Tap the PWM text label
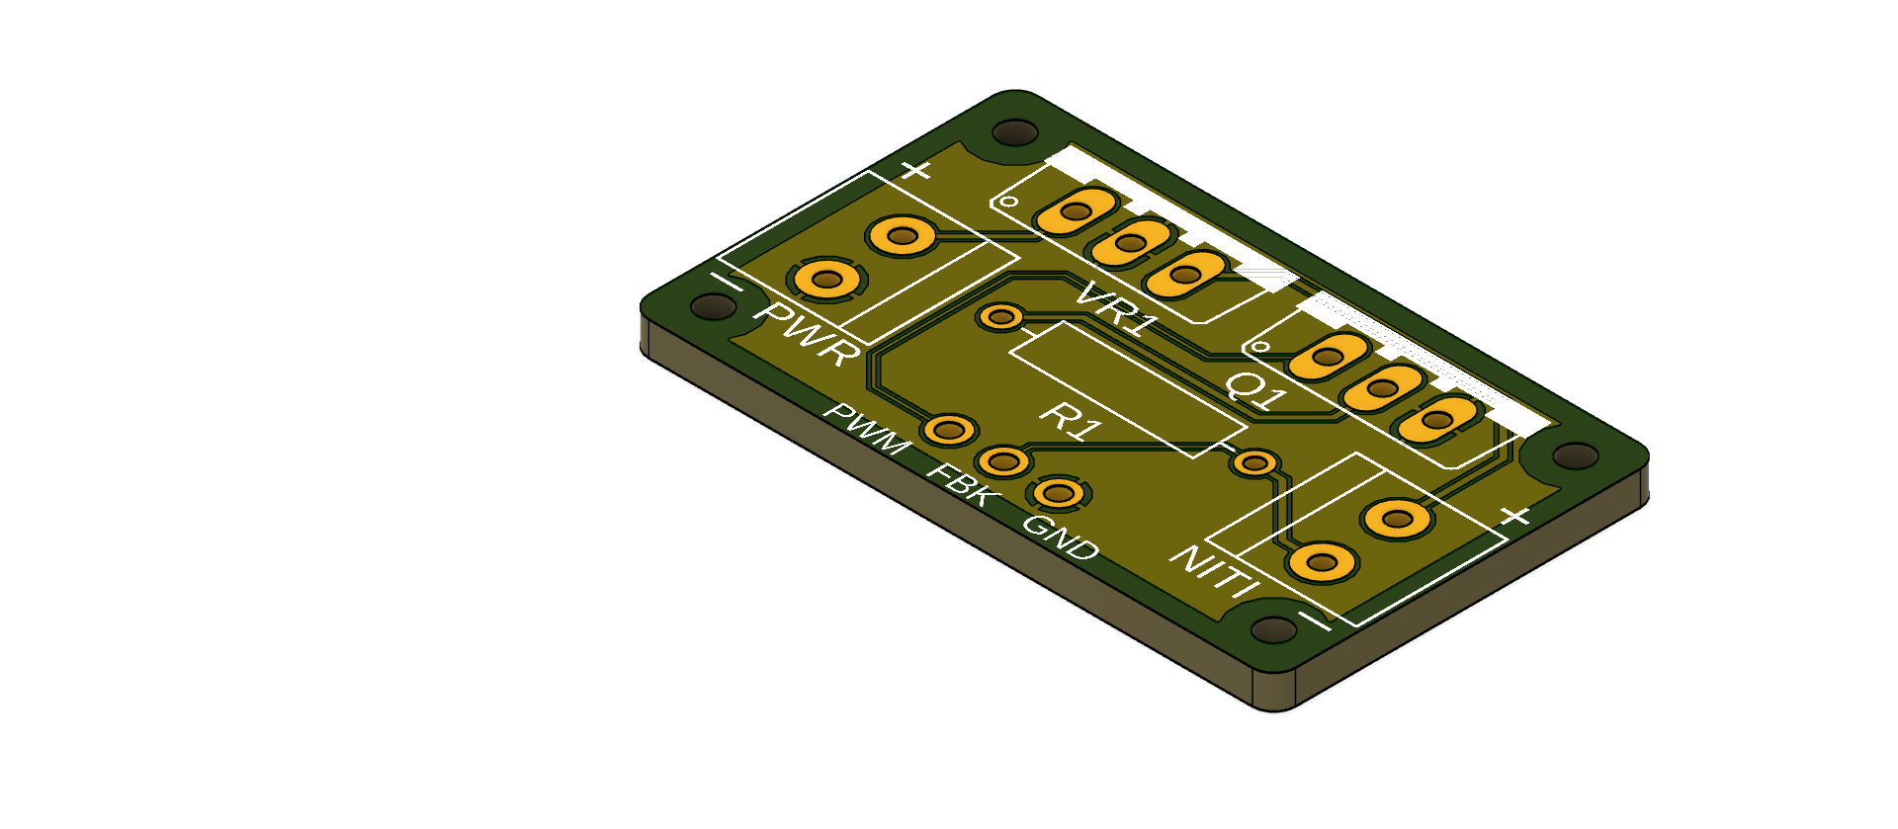click(x=868, y=430)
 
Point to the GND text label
click(x=1060, y=538)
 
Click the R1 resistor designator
click(x=1071, y=420)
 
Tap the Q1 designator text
click(x=1256, y=390)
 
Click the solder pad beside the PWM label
click(x=948, y=430)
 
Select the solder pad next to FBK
click(x=1003, y=460)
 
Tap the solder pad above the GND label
click(x=1059, y=492)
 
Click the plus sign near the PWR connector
click(x=916, y=171)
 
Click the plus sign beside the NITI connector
click(x=1514, y=515)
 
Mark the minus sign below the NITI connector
click(x=1314, y=621)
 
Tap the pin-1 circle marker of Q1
click(x=1260, y=347)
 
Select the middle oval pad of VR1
click(x=1130, y=242)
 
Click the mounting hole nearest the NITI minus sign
click(x=1273, y=629)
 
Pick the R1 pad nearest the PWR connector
click(x=1000, y=317)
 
